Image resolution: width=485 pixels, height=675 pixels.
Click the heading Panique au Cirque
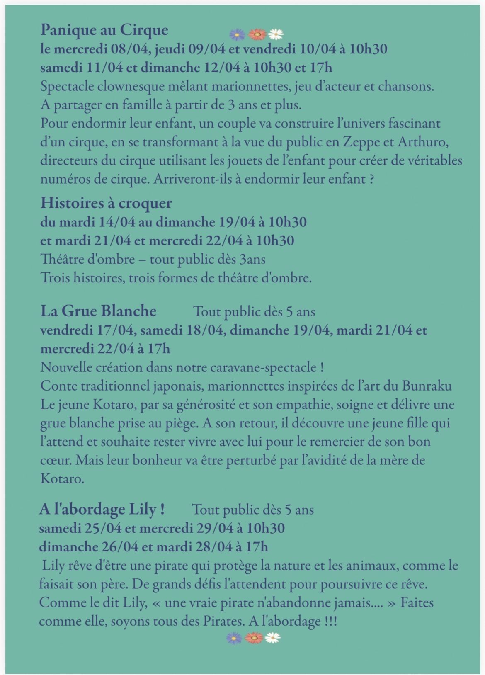point(104,30)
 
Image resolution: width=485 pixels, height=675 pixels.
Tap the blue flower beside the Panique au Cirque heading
point(237,35)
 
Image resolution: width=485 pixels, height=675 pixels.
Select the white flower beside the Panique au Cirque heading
point(276,34)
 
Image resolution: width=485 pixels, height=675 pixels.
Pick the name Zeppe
point(360,142)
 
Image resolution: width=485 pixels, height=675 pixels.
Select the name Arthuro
point(423,142)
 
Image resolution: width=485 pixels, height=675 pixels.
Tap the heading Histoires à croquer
point(106,203)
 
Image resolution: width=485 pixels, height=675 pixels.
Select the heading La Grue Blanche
point(98,311)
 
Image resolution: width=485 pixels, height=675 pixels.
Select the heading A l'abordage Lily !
point(102,509)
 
